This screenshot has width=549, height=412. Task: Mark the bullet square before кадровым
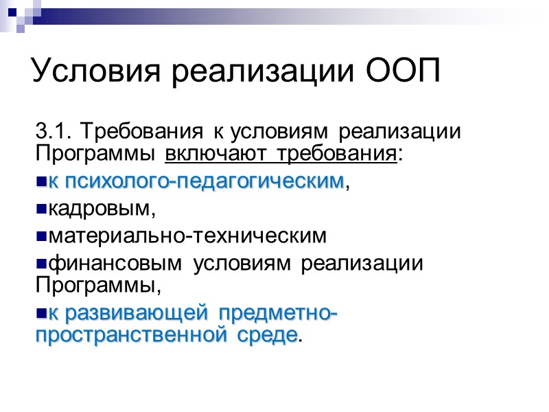(x=40, y=209)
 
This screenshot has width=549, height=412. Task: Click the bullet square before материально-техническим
(x=40, y=236)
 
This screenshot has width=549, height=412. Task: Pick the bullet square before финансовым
(x=40, y=264)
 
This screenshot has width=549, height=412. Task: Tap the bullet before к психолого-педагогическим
(x=40, y=182)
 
